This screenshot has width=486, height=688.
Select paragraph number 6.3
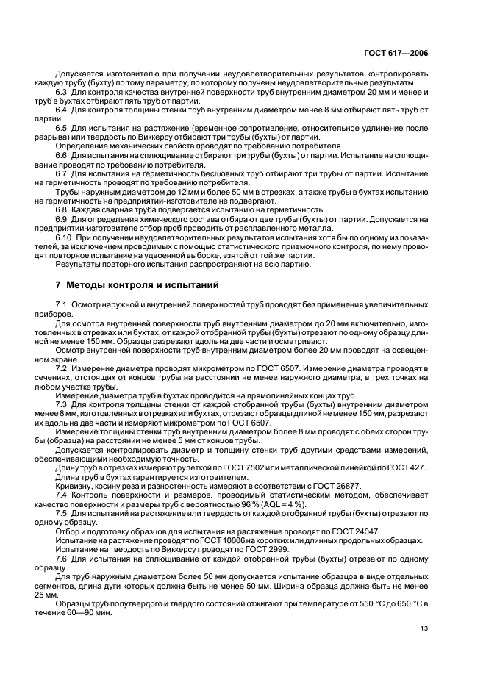point(62,92)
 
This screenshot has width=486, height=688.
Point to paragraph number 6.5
point(62,128)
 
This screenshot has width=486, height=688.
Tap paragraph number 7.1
point(62,304)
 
